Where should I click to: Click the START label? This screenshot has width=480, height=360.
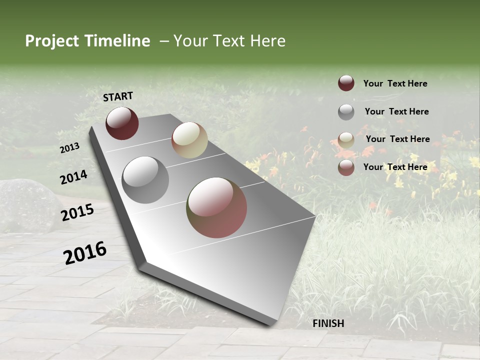click(118, 96)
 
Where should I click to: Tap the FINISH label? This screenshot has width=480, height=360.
click(328, 323)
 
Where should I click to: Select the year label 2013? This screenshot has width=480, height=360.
click(70, 147)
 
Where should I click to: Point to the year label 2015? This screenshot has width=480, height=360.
click(77, 213)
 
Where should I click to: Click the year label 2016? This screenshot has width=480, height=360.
click(85, 253)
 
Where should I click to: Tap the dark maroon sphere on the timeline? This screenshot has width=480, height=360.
click(122, 123)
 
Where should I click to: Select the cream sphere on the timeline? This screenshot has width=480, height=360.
click(189, 140)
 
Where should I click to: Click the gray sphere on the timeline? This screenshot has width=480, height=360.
click(145, 180)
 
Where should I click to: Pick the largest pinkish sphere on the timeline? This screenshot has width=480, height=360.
click(216, 207)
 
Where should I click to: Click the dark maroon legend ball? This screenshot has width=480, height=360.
click(346, 83)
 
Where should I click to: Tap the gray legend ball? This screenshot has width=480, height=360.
click(346, 112)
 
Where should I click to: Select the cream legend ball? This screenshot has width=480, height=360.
click(346, 140)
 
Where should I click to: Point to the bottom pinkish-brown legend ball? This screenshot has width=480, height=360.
click(346, 167)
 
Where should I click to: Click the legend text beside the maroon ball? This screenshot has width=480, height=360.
click(395, 83)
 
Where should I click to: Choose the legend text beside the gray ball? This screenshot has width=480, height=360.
click(396, 111)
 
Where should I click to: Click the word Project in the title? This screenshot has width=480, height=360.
click(52, 41)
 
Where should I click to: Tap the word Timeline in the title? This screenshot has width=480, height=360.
click(117, 41)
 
